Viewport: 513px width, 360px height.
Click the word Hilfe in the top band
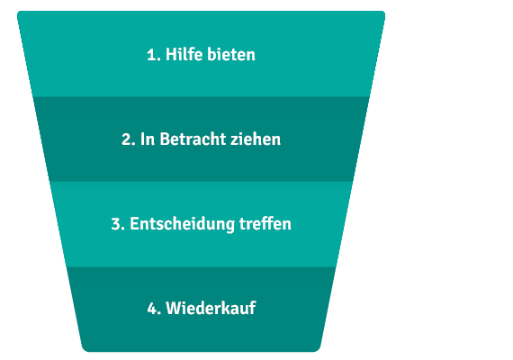click(x=184, y=54)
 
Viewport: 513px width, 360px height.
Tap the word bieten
click(x=231, y=54)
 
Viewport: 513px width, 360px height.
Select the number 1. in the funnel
click(x=154, y=55)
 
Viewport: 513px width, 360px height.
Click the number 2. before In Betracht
click(x=129, y=139)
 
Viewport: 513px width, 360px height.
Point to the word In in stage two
click(x=148, y=139)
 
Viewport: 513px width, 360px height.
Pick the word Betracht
click(x=193, y=139)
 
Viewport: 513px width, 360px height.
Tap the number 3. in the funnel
click(x=118, y=224)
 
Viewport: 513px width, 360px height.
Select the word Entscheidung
click(x=182, y=224)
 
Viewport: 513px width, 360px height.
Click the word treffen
click(x=265, y=223)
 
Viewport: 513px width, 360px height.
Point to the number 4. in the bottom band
click(x=154, y=309)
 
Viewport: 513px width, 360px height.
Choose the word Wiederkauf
click(x=211, y=308)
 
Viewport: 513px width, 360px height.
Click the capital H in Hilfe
click(x=171, y=55)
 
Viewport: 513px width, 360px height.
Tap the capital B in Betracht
click(x=165, y=139)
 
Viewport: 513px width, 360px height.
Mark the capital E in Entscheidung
click(x=134, y=224)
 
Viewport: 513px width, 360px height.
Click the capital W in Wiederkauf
click(x=173, y=309)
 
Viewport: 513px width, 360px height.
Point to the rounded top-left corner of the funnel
click(x=19, y=13)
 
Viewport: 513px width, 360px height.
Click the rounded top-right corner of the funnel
click(x=383, y=13)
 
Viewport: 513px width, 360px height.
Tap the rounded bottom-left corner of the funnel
click(x=85, y=349)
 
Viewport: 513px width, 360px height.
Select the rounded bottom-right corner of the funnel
click(x=318, y=349)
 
